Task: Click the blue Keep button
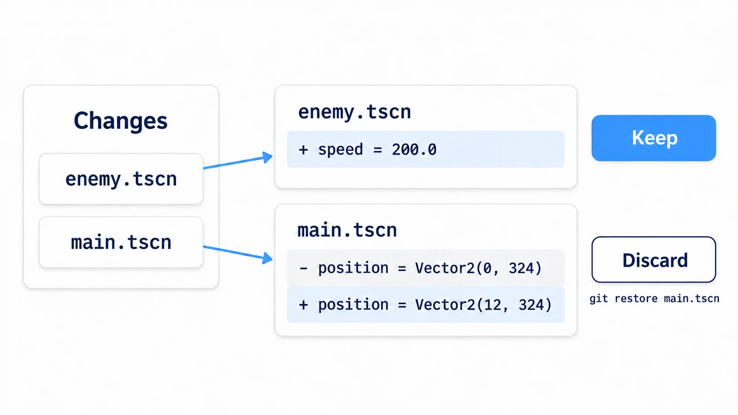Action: coord(654,138)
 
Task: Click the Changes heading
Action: coord(120,121)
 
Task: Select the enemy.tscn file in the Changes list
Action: coord(121,179)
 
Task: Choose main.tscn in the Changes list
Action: coord(121,242)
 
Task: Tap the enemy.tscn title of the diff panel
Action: coord(354,112)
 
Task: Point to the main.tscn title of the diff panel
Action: coord(347,230)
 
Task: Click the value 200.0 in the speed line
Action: coord(414,150)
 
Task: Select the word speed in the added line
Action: coord(340,150)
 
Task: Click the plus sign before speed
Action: coord(303,150)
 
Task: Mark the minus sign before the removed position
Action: coord(303,268)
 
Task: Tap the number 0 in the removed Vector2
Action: coord(488,268)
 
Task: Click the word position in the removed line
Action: coord(353,268)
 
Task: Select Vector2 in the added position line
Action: coord(444,305)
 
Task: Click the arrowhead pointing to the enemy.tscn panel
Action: coord(267,157)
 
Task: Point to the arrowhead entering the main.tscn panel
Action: coord(267,258)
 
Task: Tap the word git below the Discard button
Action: coord(599,299)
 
